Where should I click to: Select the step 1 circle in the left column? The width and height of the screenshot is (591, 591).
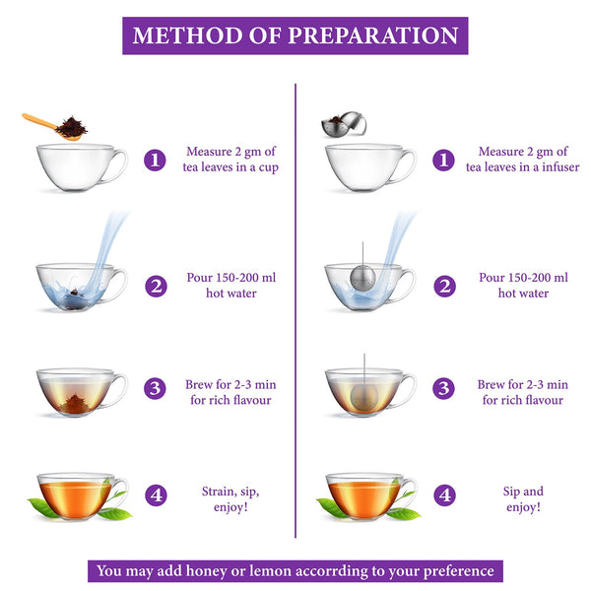tap(155, 160)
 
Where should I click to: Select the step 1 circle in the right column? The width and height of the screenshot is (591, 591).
tap(445, 160)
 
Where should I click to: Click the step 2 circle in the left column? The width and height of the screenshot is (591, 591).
tap(155, 286)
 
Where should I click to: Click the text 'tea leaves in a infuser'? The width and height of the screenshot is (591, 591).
tap(522, 167)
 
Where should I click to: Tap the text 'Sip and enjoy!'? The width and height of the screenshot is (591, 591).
tap(522, 498)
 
